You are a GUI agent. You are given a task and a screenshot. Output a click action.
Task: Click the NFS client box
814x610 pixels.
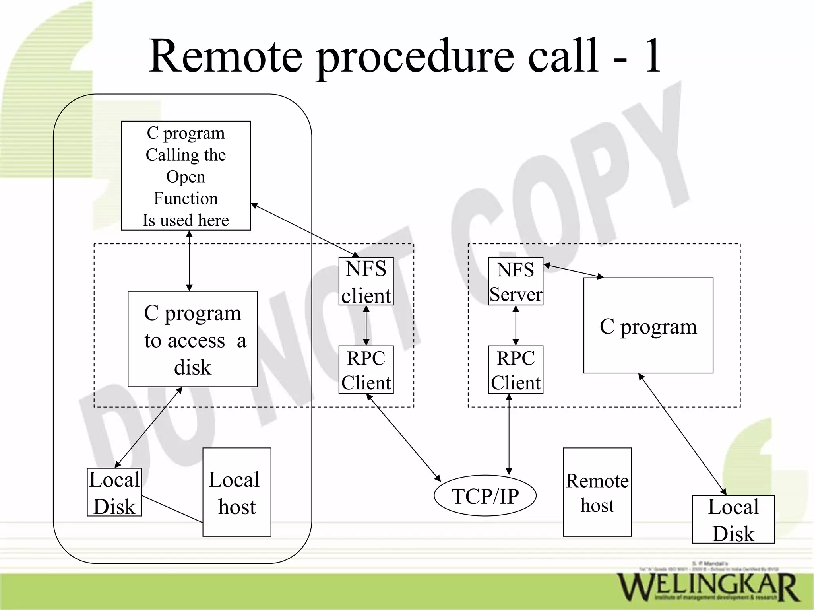click(366, 281)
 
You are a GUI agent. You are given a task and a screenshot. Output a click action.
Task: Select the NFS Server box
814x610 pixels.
click(516, 281)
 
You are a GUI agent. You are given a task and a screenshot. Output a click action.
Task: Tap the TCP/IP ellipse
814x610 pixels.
click(485, 495)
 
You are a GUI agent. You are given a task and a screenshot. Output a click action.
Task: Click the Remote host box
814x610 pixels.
click(597, 492)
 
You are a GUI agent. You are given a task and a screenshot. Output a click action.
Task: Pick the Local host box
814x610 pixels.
click(237, 492)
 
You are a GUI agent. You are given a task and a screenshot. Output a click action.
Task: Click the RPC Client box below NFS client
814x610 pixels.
click(366, 369)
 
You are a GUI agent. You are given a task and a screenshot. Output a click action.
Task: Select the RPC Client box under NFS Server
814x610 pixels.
click(516, 369)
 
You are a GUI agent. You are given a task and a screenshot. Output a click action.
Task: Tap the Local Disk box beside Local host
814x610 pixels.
click(114, 492)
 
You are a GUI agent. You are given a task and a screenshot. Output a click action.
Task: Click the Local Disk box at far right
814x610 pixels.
click(733, 519)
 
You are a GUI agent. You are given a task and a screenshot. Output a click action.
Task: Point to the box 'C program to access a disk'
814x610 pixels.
click(192, 339)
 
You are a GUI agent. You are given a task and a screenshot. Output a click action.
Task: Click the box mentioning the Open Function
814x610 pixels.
click(186, 175)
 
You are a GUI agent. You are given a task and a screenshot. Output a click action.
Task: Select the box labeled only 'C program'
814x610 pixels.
click(648, 325)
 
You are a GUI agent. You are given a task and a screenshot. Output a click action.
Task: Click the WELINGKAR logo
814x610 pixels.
click(707, 587)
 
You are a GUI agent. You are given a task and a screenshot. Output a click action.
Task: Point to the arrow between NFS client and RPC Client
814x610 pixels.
click(366, 325)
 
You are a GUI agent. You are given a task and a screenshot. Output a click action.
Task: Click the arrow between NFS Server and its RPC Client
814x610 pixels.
click(516, 325)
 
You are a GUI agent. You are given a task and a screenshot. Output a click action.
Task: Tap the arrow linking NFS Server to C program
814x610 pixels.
click(573, 270)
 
